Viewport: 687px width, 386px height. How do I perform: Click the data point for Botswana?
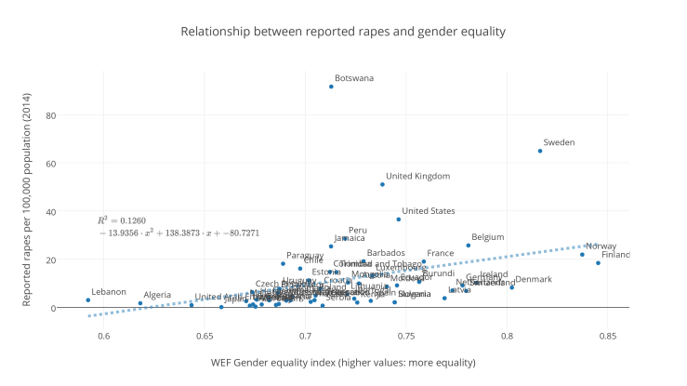331,87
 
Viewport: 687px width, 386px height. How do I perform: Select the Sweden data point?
540,151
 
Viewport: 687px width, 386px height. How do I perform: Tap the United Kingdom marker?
382,184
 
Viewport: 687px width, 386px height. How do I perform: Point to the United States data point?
399,220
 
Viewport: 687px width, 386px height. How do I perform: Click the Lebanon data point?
88,300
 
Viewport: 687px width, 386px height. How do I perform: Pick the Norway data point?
583,255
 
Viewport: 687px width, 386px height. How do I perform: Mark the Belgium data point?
469,246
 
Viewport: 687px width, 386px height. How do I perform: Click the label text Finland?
615,255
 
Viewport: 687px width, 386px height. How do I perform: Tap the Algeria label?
157,295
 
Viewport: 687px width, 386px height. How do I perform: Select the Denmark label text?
534,279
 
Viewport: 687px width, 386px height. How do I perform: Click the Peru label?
358,230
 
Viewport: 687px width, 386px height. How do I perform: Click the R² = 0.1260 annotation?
121,220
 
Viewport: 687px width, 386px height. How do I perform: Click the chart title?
343,32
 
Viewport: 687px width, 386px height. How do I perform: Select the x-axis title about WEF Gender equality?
343,362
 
